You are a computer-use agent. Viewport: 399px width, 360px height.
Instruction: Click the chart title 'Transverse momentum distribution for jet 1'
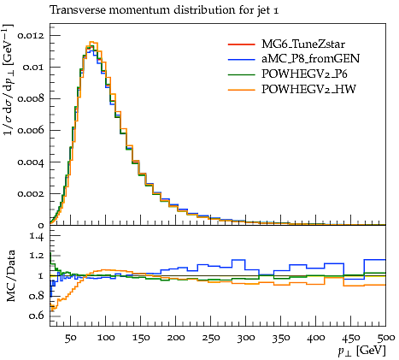[164, 10]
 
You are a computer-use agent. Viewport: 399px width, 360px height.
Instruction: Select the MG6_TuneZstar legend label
[303, 44]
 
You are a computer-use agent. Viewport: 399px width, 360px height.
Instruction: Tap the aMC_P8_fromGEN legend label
[310, 59]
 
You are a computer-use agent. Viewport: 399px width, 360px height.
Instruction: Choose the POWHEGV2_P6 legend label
[304, 74]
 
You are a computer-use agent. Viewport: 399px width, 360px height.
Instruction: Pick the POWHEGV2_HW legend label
[308, 90]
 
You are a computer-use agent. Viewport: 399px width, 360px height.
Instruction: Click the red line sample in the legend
[241, 44]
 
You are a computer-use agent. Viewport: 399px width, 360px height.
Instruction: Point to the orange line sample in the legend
[241, 90]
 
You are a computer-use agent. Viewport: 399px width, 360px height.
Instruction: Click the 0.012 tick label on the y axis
[31, 36]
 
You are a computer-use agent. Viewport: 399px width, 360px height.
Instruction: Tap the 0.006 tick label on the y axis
[31, 131]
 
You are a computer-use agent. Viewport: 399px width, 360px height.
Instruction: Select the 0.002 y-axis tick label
[31, 194]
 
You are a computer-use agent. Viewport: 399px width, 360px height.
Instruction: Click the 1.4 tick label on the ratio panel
[37, 236]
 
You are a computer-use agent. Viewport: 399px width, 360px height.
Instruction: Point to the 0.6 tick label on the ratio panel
[36, 316]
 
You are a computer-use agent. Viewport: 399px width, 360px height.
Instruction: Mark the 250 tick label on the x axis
[211, 338]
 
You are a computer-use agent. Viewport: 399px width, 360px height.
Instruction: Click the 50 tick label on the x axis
[70, 338]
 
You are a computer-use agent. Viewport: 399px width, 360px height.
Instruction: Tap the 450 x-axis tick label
[351, 338]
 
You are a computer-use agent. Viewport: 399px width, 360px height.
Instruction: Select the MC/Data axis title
[10, 276]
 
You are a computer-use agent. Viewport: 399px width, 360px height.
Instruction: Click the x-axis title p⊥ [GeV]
[361, 351]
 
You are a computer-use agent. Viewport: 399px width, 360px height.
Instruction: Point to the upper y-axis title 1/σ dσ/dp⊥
[9, 79]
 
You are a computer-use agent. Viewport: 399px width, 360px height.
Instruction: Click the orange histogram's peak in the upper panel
[91, 42]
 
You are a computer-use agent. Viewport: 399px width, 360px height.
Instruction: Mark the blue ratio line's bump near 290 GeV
[238, 260]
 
